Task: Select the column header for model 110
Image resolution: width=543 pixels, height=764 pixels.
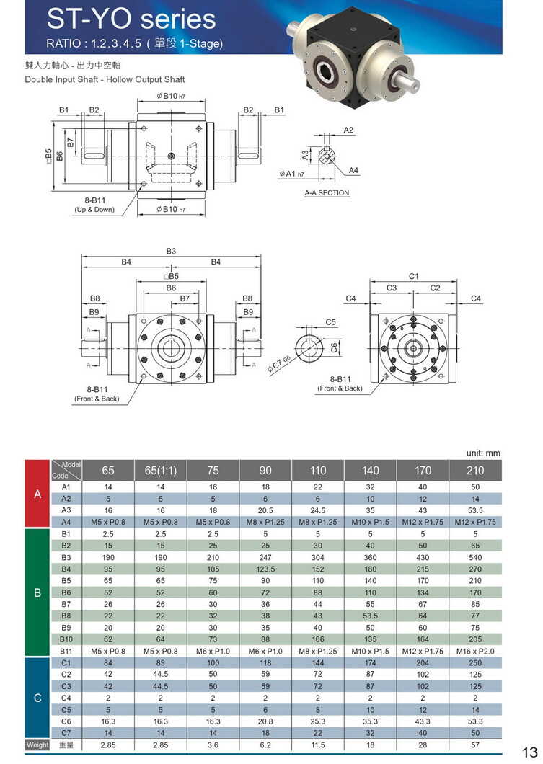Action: [x=318, y=471]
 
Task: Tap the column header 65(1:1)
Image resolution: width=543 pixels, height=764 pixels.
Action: [x=160, y=471]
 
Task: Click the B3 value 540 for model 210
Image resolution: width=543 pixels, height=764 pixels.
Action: [x=475, y=557]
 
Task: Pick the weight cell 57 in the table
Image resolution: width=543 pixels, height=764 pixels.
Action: [x=475, y=744]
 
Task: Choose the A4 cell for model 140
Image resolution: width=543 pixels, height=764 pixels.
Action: [x=370, y=522]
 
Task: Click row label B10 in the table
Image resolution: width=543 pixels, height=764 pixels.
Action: [x=66, y=639]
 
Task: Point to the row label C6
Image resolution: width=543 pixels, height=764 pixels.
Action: [x=66, y=721]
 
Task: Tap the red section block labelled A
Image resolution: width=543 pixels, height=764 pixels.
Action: [x=37, y=494]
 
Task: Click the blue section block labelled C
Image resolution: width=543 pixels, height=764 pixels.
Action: [x=37, y=698]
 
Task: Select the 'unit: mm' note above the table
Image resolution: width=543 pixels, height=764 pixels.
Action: [x=482, y=453]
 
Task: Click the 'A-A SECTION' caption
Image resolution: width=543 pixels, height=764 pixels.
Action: [x=327, y=193]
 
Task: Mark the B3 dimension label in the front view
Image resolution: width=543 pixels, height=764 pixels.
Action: [x=171, y=251]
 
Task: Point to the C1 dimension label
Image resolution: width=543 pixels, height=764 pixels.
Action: [x=413, y=276]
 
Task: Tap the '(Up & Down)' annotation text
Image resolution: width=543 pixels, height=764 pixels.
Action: [x=94, y=210]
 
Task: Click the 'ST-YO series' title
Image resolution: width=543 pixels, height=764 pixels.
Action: [x=131, y=19]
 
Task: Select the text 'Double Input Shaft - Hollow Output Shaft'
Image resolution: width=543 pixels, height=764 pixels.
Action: [x=105, y=79]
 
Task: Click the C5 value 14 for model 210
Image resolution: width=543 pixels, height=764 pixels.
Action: [x=475, y=709]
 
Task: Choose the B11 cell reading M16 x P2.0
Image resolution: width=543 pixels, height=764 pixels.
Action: [x=475, y=652]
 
